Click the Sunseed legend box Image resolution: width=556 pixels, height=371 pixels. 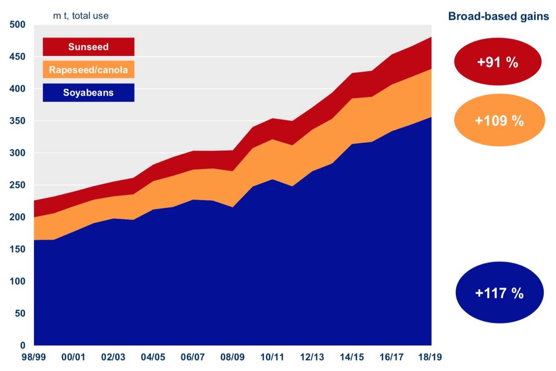click(89, 47)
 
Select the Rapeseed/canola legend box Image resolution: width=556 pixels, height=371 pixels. click(89, 69)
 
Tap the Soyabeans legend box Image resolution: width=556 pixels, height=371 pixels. click(89, 92)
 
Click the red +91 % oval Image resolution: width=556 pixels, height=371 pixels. click(497, 62)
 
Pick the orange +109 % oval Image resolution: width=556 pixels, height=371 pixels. click(499, 121)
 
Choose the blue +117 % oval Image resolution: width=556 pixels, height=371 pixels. click(499, 293)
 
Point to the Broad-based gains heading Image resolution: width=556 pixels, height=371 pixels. click(498, 17)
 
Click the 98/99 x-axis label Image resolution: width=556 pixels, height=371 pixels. click(34, 357)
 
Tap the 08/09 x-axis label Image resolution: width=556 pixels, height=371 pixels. click(233, 357)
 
